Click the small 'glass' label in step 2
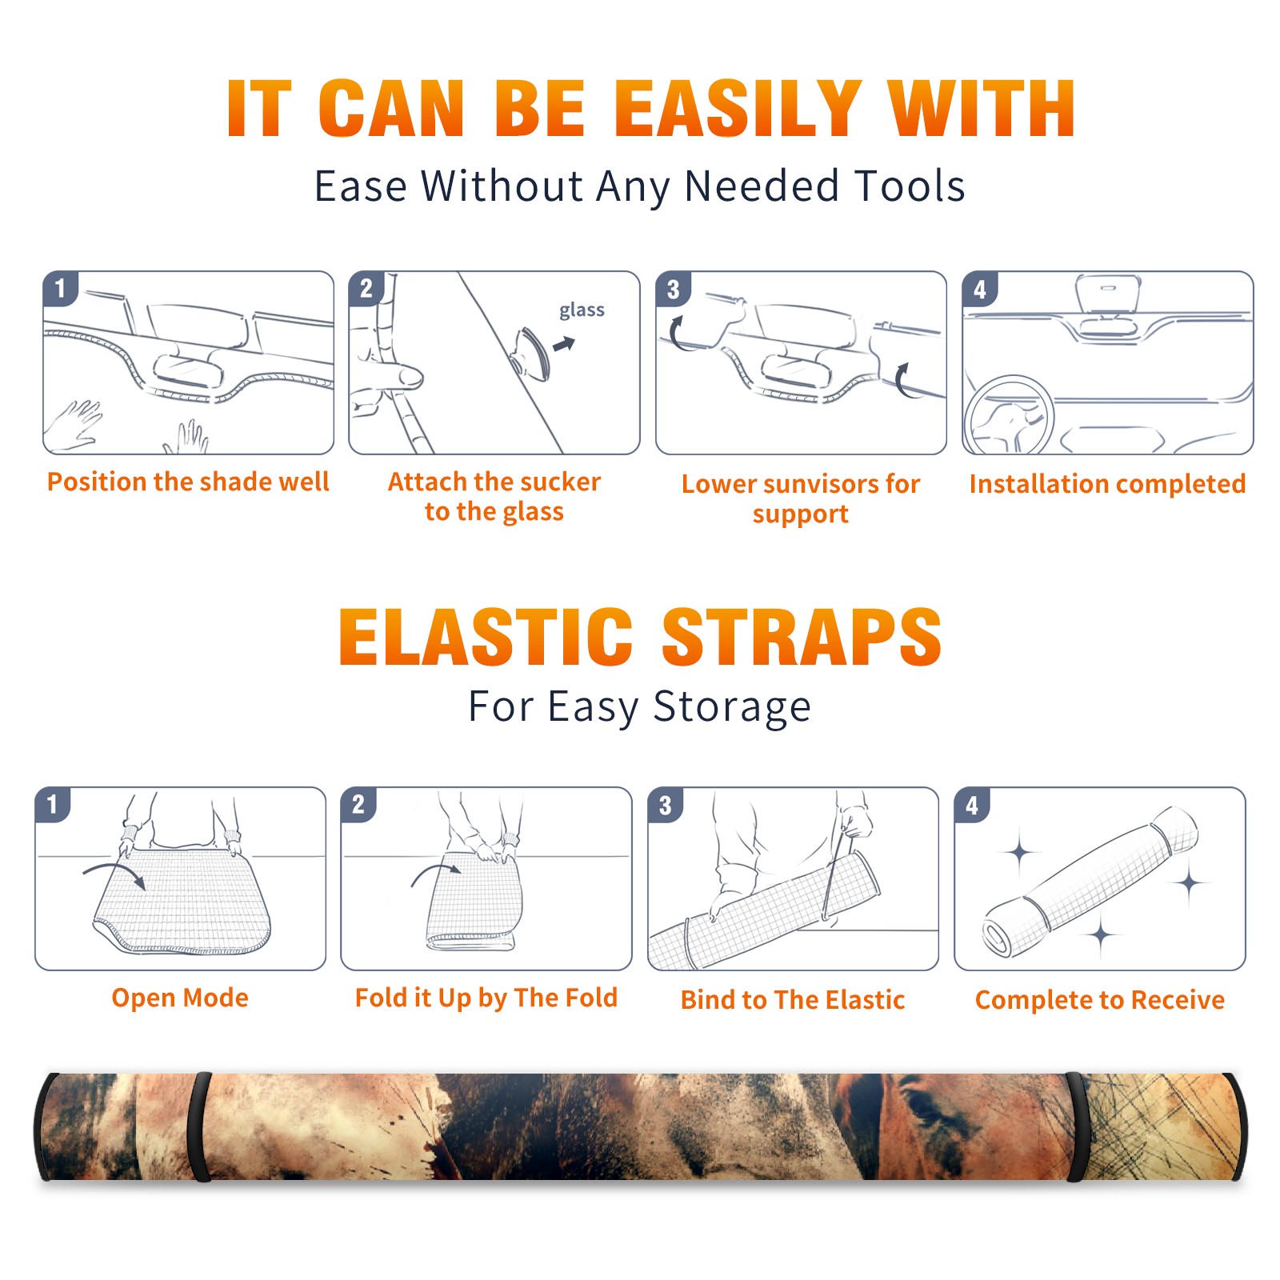click(582, 310)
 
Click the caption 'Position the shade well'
click(188, 482)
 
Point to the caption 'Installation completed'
click(1107, 483)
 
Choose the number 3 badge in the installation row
click(673, 289)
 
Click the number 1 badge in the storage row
click(53, 804)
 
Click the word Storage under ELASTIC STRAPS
click(732, 707)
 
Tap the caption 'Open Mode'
click(180, 998)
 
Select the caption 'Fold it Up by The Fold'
click(486, 998)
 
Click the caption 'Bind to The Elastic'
click(793, 999)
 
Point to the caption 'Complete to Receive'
click(1100, 999)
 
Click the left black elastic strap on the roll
click(199, 1126)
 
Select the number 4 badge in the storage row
click(972, 804)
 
